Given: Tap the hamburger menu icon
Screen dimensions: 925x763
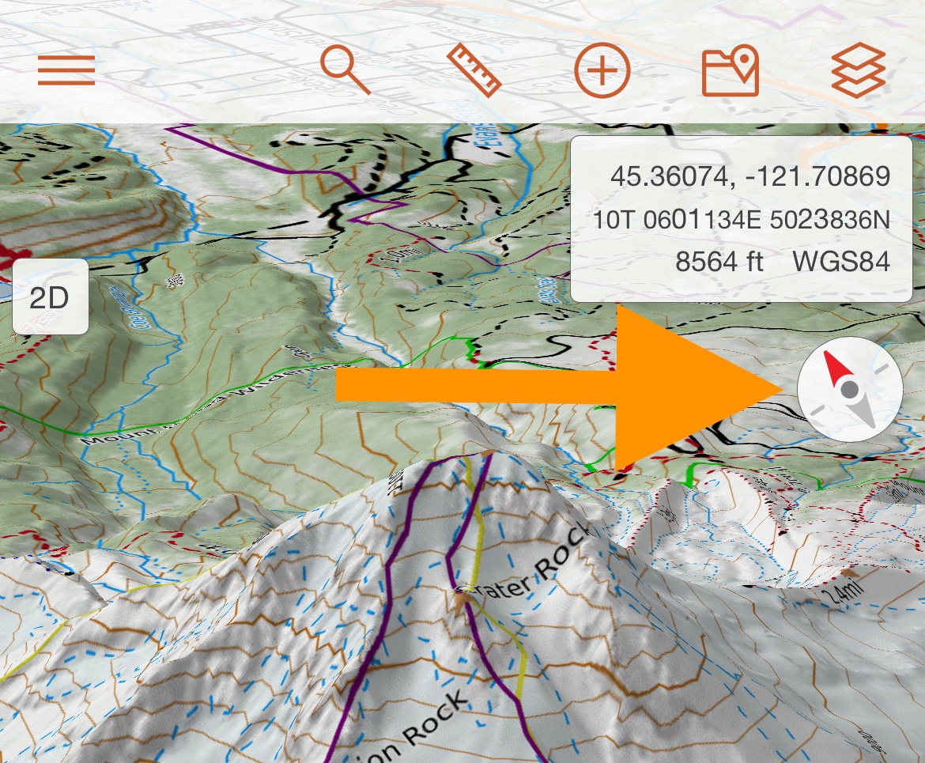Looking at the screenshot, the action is click(x=66, y=71).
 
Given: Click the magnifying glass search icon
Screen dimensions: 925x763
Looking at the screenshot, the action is click(x=345, y=70).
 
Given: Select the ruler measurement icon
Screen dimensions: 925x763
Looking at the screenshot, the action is click(x=474, y=70).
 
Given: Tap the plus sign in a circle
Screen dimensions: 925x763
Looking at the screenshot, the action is click(x=602, y=71).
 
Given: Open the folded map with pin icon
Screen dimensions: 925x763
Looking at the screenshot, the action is click(x=731, y=71).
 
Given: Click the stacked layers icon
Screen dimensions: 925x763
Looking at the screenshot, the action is click(x=859, y=70).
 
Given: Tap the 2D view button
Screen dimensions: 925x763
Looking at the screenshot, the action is click(x=50, y=297).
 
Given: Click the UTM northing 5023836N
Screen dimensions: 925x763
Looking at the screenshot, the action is click(x=829, y=219).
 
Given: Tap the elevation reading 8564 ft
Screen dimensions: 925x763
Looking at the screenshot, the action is click(x=719, y=261).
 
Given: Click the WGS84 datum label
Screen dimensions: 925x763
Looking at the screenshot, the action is click(x=841, y=261).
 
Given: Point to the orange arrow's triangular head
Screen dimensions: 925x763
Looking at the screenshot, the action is click(x=696, y=387).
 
